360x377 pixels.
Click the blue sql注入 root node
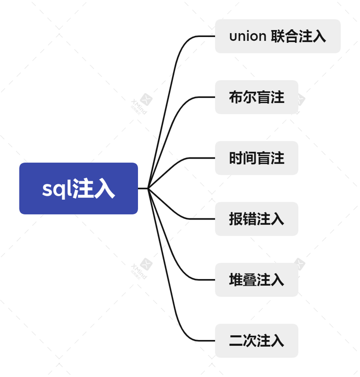[78, 188]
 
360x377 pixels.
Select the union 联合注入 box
[277, 36]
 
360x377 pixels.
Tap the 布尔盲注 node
[256, 97]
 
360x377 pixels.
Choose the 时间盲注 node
[256, 158]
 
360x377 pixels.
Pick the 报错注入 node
[256, 219]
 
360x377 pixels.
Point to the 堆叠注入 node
[256, 280]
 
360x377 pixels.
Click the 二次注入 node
[256, 341]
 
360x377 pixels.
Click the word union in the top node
[247, 36]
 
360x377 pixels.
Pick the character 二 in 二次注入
[236, 341]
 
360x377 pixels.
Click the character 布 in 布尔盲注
[236, 97]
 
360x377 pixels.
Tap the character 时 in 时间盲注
[236, 158]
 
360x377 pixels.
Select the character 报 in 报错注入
[236, 219]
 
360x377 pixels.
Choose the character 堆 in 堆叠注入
[236, 280]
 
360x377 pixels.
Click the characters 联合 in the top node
[284, 36]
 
